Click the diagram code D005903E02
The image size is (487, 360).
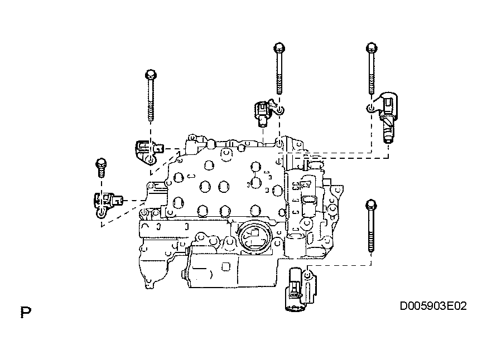pos(433,306)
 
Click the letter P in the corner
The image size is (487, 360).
pos(26,312)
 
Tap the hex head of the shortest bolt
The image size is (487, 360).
pos(102,163)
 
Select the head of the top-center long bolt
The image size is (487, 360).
pos(279,47)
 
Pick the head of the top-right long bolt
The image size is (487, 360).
pos(372,48)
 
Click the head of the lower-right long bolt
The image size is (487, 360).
pos(371,205)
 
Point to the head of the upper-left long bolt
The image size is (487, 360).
pos(151,75)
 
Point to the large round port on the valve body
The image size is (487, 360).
pos(254,235)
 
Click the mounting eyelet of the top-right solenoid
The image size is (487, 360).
pos(370,108)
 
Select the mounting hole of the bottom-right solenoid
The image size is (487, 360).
pos(307,274)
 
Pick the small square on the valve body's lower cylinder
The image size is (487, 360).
pos(226,266)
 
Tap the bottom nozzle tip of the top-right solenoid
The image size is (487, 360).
pos(388,140)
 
